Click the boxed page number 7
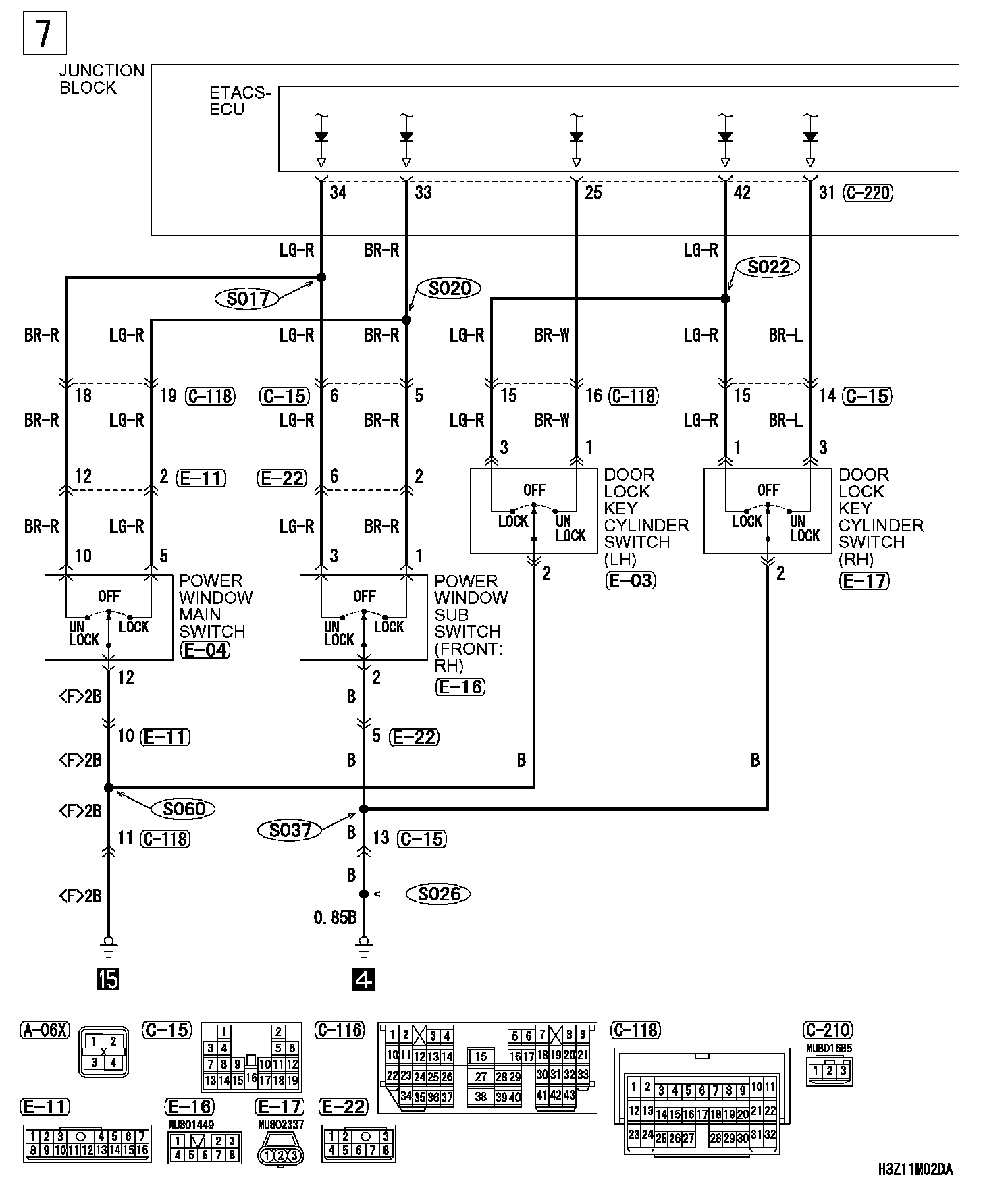click(45, 33)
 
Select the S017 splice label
click(248, 298)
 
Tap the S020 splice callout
click(449, 288)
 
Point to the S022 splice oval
click(769, 267)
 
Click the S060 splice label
click(184, 808)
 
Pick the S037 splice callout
click(290, 830)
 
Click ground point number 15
click(108, 979)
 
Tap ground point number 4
click(363, 979)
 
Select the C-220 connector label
click(868, 193)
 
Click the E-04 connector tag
click(205, 650)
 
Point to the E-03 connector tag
click(631, 580)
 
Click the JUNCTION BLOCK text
click(102, 79)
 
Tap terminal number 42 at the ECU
click(741, 193)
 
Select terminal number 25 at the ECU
click(593, 193)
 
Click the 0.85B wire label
click(335, 918)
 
